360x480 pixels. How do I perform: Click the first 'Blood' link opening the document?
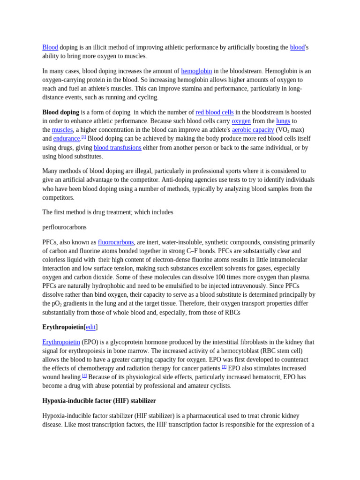[50, 47]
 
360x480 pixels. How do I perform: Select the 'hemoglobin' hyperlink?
[196, 71]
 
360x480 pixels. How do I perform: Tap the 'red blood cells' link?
[215, 112]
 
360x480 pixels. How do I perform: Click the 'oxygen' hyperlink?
[241, 121]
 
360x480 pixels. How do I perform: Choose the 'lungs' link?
[283, 121]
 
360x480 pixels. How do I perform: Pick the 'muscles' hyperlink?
[62, 130]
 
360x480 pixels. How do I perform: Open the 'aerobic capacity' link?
[253, 130]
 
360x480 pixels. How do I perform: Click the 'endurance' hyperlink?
[67, 139]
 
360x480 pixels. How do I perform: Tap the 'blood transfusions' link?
[117, 148]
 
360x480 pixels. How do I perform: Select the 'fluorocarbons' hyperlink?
[116, 242]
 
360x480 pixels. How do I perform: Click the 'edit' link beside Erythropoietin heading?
[90, 327]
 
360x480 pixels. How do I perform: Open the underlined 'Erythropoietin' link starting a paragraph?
[61, 342]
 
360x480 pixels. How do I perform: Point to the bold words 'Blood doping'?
[60, 112]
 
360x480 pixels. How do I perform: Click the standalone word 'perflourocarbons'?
[64, 227]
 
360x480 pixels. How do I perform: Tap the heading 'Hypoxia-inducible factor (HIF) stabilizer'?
[99, 401]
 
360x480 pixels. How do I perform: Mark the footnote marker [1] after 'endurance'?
[84, 137]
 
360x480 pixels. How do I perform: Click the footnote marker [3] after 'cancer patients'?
[224, 367]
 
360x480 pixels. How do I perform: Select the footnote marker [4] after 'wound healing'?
[84, 375]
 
